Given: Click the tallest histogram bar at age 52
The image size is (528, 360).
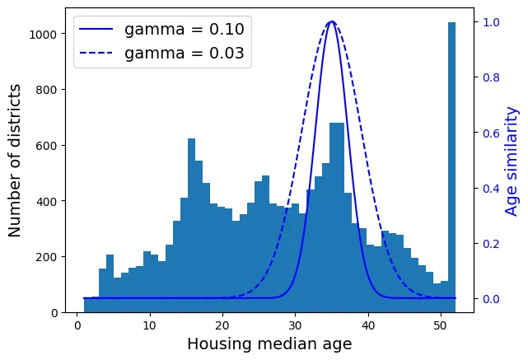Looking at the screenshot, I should tap(451, 165).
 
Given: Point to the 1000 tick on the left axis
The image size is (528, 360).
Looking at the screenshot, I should tap(42, 34).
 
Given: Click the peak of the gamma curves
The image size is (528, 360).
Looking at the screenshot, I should tap(331, 22).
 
